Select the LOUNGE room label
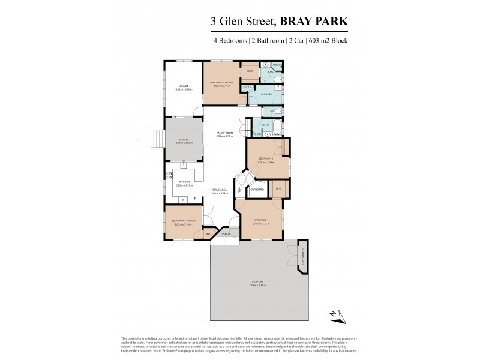tap(183, 86)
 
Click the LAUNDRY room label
tap(266, 94)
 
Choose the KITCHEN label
tap(184, 181)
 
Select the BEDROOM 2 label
tap(265, 158)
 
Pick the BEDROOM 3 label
tap(260, 220)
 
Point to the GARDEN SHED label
tap(303, 255)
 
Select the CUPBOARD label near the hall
tap(257, 189)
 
